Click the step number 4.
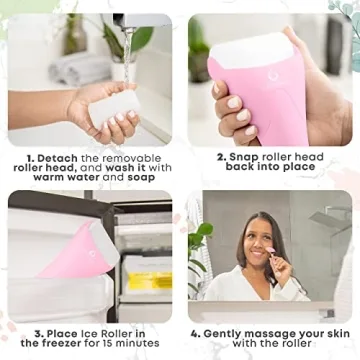[x=196, y=331]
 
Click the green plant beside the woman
[x=200, y=255]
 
